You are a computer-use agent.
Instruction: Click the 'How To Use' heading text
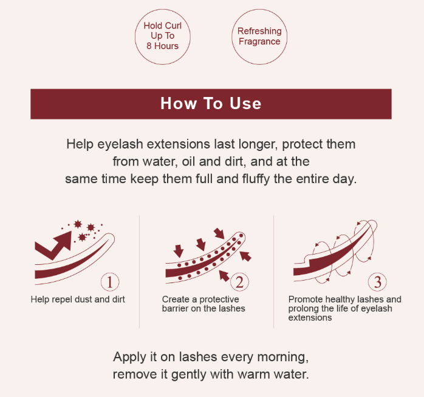211,104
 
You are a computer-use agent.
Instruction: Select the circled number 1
110,282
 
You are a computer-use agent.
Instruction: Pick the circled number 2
239,282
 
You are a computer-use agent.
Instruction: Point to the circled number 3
377,282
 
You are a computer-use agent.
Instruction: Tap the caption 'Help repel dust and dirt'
78,299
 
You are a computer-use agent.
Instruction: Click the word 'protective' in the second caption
219,299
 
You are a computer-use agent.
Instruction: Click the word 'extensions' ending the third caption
310,318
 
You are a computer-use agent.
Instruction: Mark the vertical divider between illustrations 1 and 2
140,272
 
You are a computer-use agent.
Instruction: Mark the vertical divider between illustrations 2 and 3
273,272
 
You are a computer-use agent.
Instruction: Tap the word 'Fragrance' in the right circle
259,42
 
